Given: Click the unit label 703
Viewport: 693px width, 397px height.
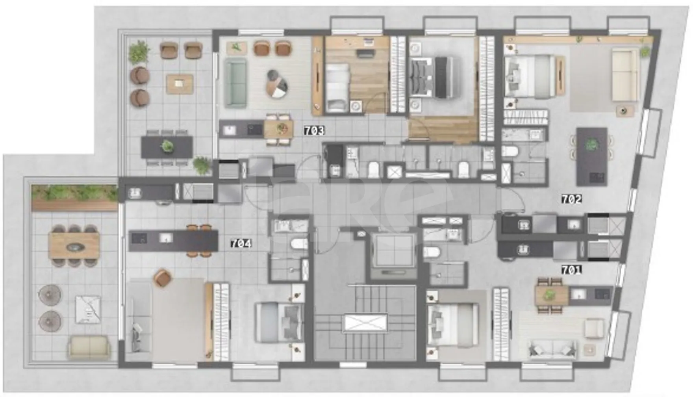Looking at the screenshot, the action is [x=314, y=131].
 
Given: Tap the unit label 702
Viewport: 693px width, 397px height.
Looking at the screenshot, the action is [x=571, y=199].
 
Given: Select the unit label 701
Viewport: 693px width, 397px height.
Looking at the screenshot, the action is [x=571, y=270].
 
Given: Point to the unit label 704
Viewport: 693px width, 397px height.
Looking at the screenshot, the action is [x=241, y=244].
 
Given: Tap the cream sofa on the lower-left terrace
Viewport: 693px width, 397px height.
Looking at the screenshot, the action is [x=89, y=347].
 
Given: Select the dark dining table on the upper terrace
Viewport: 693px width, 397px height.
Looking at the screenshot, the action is [x=167, y=147].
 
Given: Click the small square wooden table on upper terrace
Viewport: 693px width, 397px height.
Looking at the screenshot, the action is [x=180, y=84].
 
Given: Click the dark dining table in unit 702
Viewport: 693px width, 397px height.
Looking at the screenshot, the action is [x=592, y=156].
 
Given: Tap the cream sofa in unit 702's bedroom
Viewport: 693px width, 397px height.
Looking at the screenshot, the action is [x=625, y=75].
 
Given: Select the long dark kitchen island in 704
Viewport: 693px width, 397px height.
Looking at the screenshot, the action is [x=173, y=241].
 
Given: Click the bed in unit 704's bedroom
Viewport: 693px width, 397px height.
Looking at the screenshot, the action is [x=279, y=322].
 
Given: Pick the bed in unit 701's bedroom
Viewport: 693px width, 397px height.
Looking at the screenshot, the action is [x=453, y=325].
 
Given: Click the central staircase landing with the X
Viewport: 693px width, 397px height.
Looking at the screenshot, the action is [x=365, y=323].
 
